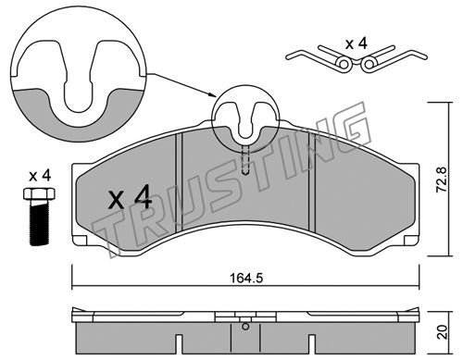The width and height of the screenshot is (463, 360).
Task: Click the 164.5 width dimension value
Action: tap(246, 279)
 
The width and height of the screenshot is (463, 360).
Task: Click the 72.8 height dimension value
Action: tap(441, 180)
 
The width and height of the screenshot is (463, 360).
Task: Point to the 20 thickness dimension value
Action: tap(443, 332)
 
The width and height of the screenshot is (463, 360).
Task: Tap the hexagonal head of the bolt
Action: tap(39, 193)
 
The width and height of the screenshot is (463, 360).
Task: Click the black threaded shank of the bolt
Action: tap(39, 223)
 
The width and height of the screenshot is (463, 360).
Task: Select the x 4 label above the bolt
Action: tap(40, 176)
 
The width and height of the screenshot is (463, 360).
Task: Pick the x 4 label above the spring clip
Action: tap(357, 43)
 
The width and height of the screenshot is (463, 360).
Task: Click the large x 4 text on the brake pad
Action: tap(130, 197)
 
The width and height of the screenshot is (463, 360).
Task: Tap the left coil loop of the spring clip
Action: tap(344, 64)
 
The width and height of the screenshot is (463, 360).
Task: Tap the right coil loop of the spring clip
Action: tap(369, 64)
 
